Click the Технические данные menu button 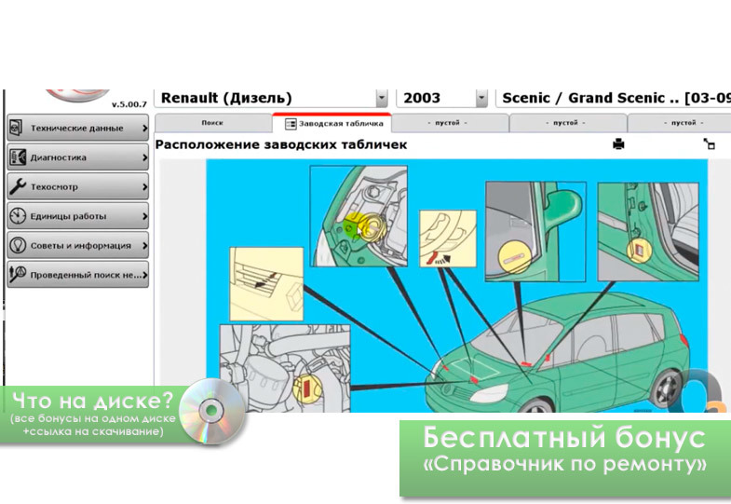[78, 128]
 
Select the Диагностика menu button [78, 157]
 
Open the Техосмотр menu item [78, 186]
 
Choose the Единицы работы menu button [78, 216]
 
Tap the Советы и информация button [78, 245]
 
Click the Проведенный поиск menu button [78, 275]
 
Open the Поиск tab [212, 123]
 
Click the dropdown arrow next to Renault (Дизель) [382, 99]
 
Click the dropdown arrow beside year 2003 [481, 99]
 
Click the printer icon [618, 144]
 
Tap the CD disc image [212, 411]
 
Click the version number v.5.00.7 [129, 104]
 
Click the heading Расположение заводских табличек [281, 144]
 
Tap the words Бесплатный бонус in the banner [564, 437]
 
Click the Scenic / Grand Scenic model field [613, 99]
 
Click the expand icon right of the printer [709, 144]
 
